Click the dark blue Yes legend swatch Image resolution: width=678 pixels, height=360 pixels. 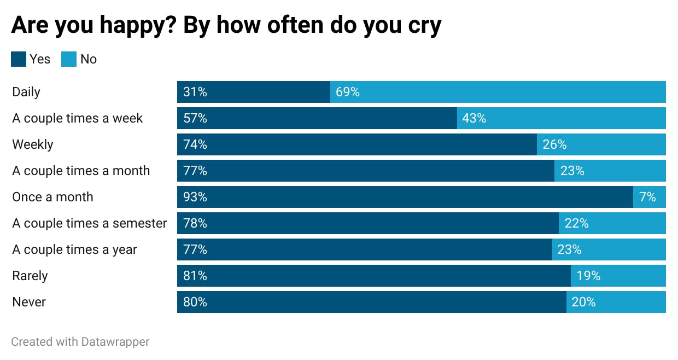tap(19, 59)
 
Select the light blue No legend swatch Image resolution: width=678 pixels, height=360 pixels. tap(69, 59)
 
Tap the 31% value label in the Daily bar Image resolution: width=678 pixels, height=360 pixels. tap(195, 92)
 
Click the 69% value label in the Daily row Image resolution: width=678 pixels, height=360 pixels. tap(348, 92)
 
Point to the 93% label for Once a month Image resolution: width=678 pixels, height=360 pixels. tap(195, 197)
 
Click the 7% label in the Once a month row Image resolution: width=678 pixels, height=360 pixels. tap(647, 197)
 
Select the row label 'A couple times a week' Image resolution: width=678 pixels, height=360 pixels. tap(77, 118)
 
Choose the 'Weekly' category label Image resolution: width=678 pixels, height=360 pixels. tap(33, 144)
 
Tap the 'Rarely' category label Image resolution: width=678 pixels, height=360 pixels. tap(30, 276)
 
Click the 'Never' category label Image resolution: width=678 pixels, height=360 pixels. tap(29, 302)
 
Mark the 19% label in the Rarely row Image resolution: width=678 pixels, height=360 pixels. tap(588, 276)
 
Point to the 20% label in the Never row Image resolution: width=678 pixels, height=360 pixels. tap(583, 302)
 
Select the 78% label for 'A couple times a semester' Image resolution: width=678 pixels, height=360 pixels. tap(195, 223)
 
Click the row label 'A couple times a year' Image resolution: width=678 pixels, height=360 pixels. tap(74, 249)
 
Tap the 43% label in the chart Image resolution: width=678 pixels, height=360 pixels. tap(474, 118)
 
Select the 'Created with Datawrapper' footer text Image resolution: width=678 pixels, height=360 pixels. tap(80, 342)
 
